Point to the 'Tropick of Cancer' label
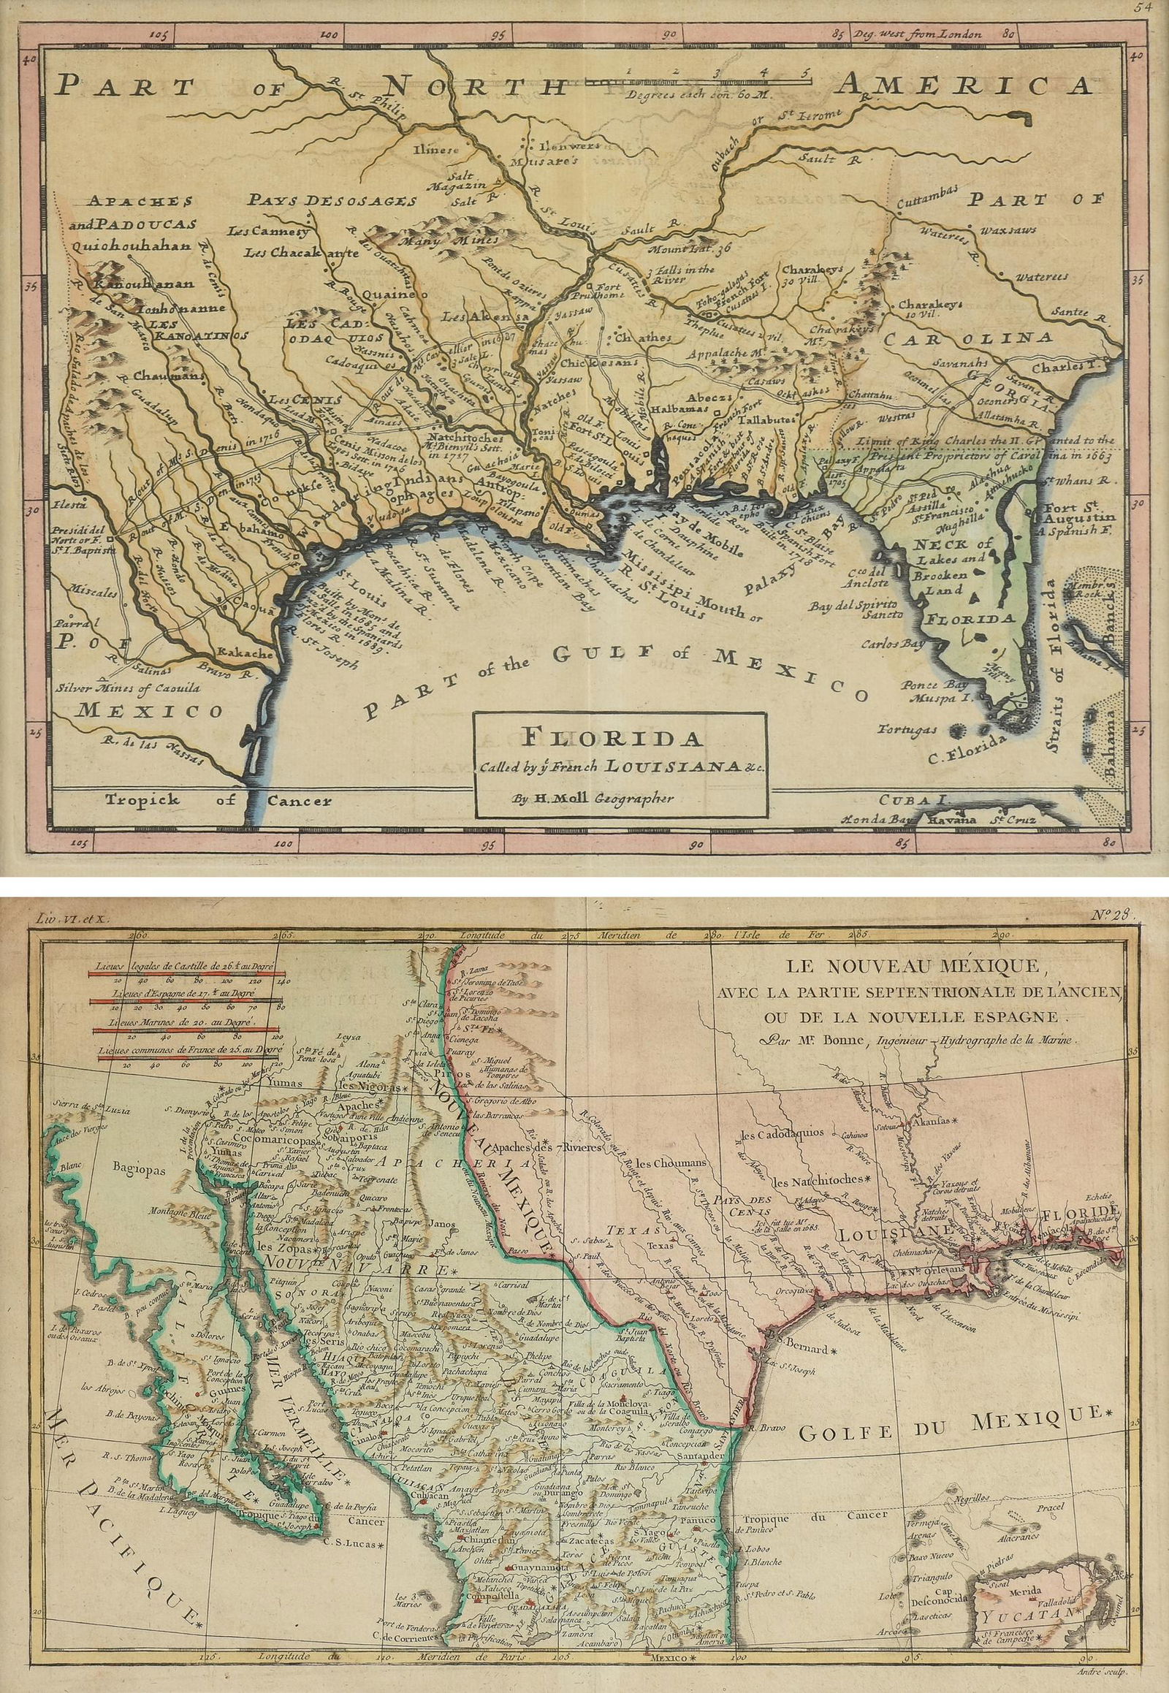pyautogui.click(x=218, y=800)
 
